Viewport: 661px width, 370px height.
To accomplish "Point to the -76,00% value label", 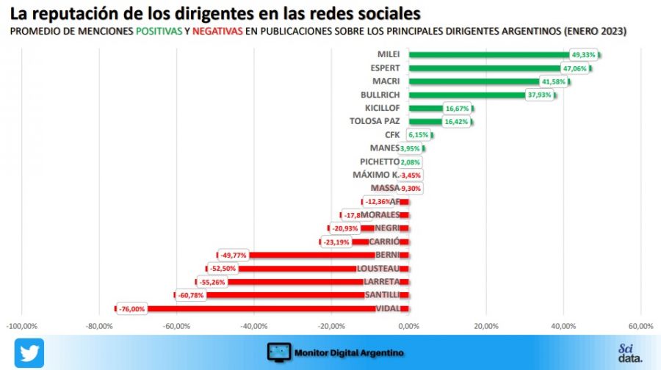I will pyautogui.click(x=131, y=309).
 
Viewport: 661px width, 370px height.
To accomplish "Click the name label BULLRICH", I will pyautogui.click(x=380, y=95).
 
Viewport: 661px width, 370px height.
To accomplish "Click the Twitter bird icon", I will pyautogui.click(x=29, y=352).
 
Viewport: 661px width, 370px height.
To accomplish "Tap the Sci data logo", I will pyautogui.click(x=629, y=352).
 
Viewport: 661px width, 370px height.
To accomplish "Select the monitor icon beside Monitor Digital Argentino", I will pyautogui.click(x=278, y=352).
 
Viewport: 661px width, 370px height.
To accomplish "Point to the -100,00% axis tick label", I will pyautogui.click(x=22, y=326).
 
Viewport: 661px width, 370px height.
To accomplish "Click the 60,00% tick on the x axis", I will pyautogui.click(x=640, y=326).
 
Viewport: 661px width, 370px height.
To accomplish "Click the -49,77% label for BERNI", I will pyautogui.click(x=234, y=255).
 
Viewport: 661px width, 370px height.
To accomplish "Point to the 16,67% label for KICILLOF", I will pyautogui.click(x=457, y=109).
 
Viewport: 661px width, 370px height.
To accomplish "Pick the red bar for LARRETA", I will pyautogui.click(x=301, y=282).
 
